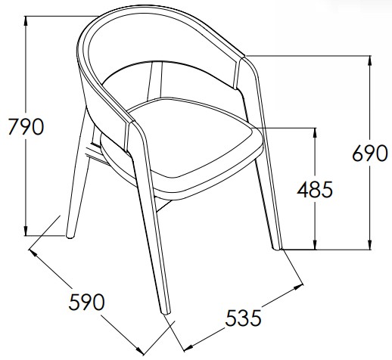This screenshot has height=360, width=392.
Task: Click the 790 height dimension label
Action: [x=26, y=126]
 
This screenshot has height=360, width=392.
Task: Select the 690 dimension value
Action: [x=370, y=154]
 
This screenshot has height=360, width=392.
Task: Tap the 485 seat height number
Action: [x=315, y=189]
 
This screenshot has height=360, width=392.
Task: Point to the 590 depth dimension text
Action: [x=86, y=302]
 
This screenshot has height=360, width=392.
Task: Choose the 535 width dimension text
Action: [x=243, y=318]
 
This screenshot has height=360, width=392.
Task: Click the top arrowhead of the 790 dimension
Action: [x=26, y=20]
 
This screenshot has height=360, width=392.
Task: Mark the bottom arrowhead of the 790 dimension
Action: [x=26, y=231]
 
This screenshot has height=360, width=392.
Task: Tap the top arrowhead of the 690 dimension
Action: [x=370, y=61]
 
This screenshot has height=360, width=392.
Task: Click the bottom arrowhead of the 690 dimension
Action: [x=370, y=245]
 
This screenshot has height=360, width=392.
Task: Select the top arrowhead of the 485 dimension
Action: [x=315, y=133]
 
